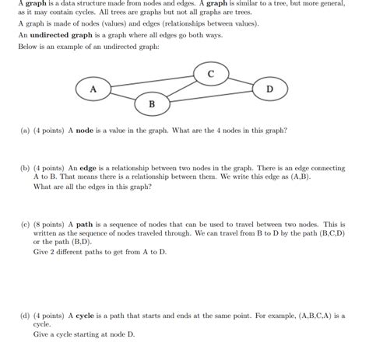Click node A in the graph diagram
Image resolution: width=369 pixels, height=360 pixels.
coord(93,89)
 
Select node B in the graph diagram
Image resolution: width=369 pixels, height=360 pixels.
coord(151,103)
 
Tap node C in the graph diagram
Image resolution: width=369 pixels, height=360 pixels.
coord(210,74)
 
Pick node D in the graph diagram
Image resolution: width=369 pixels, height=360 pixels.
coord(269,89)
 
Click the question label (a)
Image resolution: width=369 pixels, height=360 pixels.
coord(25,132)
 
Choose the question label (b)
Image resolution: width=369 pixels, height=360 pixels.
coord(25,167)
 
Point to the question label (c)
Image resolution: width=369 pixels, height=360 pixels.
coord(25,222)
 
